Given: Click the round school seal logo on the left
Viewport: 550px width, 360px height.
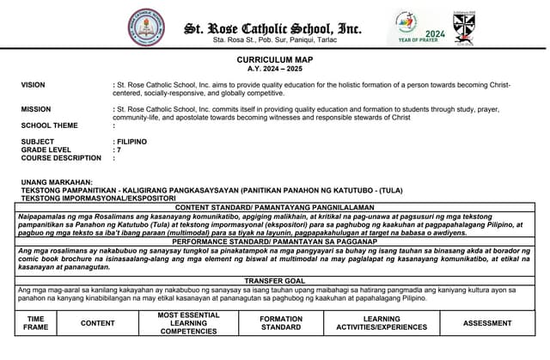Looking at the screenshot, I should pyautogui.click(x=148, y=27).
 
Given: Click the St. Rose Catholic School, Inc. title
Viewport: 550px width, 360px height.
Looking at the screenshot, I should pyautogui.click(x=273, y=28).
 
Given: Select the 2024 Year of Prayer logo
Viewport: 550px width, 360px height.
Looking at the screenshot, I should pyautogui.click(x=421, y=28).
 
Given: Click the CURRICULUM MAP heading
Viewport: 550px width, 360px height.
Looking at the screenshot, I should pyautogui.click(x=274, y=59).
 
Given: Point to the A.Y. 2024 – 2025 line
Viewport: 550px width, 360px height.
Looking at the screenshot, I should pyautogui.click(x=274, y=68).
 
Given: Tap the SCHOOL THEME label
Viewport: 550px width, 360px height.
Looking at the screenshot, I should pyautogui.click(x=49, y=125).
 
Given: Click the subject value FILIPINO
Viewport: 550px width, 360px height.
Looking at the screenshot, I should pyautogui.click(x=131, y=142).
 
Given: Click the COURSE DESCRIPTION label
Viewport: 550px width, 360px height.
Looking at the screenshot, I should pyautogui.click(x=61, y=158).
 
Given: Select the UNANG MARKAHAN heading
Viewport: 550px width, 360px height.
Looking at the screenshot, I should pyautogui.click(x=57, y=182).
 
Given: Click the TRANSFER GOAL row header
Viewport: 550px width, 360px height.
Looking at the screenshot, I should pyautogui.click(x=274, y=281).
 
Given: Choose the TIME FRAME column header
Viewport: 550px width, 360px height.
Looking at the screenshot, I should pyautogui.click(x=36, y=323).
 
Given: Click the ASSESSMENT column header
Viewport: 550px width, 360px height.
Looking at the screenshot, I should pyautogui.click(x=487, y=323).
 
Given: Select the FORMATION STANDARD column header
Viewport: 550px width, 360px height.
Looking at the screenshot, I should pyautogui.click(x=281, y=323).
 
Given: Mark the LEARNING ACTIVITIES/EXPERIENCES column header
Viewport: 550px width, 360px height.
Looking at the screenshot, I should pyautogui.click(x=382, y=323).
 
